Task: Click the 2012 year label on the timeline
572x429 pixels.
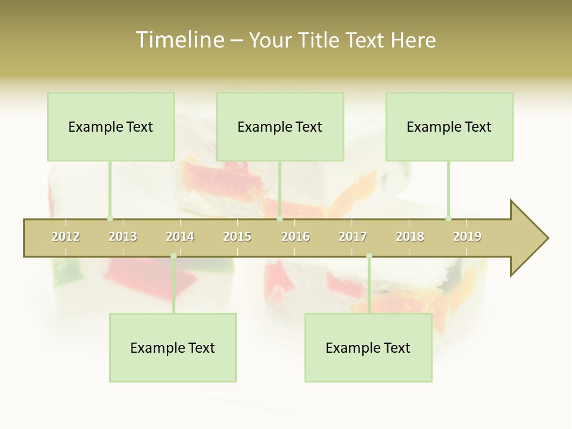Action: (x=66, y=237)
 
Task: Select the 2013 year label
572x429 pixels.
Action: (x=123, y=237)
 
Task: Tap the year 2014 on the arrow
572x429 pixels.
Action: (x=180, y=237)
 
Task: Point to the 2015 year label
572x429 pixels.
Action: (x=237, y=237)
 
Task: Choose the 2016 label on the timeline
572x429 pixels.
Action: (x=296, y=237)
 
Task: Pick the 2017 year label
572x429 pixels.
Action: (x=353, y=237)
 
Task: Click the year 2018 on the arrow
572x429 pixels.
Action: (x=410, y=237)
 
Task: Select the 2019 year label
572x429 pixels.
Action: (x=467, y=237)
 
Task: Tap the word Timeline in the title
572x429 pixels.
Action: (x=179, y=40)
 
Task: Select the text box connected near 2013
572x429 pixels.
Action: (x=111, y=126)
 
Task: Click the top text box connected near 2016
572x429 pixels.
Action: (x=280, y=126)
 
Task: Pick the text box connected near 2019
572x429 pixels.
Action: (x=449, y=126)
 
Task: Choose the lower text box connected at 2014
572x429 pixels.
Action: (x=173, y=347)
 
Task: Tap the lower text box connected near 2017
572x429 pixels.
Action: (x=368, y=347)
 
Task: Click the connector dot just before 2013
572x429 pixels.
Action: (x=110, y=218)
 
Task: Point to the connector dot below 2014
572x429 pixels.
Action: (x=173, y=256)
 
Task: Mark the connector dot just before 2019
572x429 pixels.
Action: (x=448, y=218)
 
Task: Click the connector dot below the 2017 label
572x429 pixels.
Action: (x=369, y=256)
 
